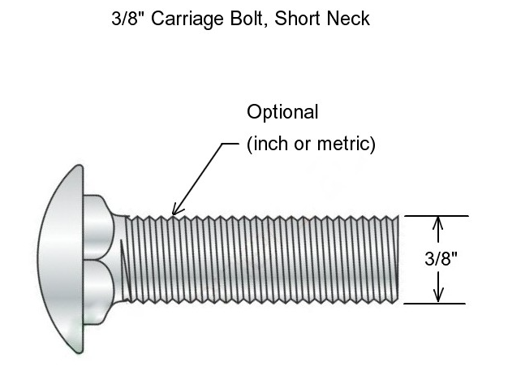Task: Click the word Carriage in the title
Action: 179,19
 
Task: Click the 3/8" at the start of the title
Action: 127,19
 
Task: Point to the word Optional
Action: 283,112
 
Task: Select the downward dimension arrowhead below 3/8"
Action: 438,296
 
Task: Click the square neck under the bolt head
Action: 102,260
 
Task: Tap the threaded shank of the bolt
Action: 260,260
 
